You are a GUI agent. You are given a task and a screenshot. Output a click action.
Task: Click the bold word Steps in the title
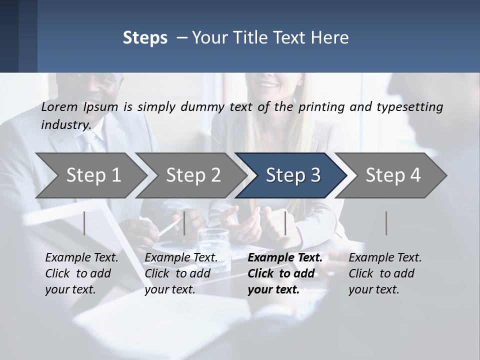pos(145,37)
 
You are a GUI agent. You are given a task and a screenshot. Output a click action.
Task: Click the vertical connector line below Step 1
pos(84,223)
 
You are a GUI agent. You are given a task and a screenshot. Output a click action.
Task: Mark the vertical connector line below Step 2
pos(184,223)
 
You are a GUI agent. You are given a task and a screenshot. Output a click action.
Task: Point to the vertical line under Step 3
pos(285,223)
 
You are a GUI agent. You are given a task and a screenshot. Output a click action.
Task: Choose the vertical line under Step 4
pos(386,223)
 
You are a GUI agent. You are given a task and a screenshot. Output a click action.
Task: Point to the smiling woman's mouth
pos(269,85)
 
